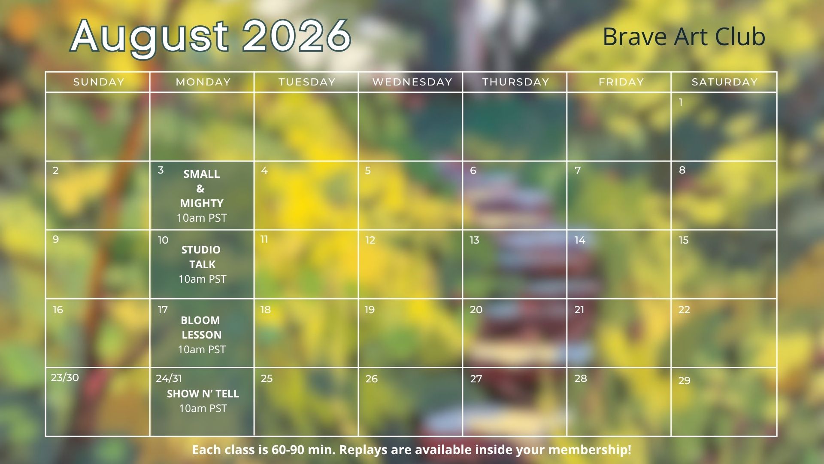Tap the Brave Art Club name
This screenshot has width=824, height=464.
tap(684, 37)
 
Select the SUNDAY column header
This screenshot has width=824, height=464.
tap(99, 82)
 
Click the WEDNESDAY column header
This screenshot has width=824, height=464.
tap(412, 82)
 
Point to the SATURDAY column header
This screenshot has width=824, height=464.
tap(725, 82)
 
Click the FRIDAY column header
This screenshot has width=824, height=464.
tap(621, 82)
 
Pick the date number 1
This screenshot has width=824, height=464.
tap(681, 102)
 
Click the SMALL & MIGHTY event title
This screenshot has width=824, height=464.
tap(201, 189)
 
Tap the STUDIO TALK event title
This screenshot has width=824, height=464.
tap(201, 257)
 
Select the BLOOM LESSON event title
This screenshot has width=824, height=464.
tap(201, 327)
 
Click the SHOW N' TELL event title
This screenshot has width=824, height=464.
tap(203, 394)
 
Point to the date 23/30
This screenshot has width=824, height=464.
tap(65, 378)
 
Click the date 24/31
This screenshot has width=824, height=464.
tap(169, 379)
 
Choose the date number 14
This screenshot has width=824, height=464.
tap(580, 240)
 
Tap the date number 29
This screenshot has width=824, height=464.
tap(685, 381)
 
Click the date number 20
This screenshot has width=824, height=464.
tap(476, 310)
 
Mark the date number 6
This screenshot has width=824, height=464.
tap(473, 171)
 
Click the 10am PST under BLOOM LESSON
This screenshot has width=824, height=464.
tap(202, 350)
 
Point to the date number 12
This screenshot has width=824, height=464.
tap(370, 240)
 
